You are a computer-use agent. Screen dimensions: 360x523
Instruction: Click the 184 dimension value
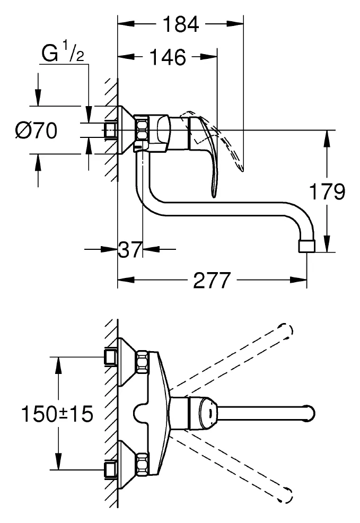tap(181, 24)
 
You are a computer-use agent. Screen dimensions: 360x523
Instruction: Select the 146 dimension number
tap(168, 57)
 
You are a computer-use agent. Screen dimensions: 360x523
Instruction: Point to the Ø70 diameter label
tap(36, 130)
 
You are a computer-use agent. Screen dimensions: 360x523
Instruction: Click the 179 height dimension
tap(327, 192)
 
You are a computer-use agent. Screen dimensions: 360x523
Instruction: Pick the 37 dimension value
tap(130, 249)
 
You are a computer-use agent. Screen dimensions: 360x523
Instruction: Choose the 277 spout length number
tap(212, 280)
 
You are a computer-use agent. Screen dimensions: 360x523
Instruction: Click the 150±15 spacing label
tap(57, 414)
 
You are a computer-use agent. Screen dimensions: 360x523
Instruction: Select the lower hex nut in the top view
tap(142, 465)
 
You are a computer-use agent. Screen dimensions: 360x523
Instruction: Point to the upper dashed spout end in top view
tap(287, 331)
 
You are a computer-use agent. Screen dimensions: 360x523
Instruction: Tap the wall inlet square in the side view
tap(111, 130)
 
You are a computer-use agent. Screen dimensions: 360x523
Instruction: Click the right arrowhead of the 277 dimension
tap(298, 280)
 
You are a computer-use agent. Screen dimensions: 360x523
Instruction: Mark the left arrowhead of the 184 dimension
tap(126, 24)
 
